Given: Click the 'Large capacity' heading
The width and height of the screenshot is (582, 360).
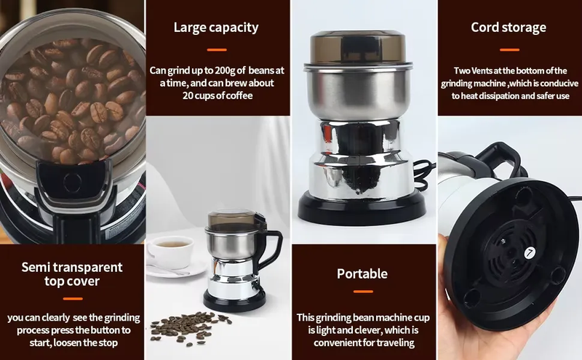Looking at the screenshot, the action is click(x=216, y=28).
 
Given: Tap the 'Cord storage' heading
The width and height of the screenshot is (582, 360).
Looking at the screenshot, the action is click(x=509, y=27).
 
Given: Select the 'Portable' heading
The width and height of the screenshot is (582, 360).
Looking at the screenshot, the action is click(x=362, y=273).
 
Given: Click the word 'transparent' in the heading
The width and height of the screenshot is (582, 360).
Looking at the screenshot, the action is click(x=88, y=267).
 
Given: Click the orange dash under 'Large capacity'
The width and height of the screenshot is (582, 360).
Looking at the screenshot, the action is click(x=217, y=49).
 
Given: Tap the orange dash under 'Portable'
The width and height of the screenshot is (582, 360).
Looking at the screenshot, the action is click(x=363, y=292).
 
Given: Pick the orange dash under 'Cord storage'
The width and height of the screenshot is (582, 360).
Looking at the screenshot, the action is click(x=509, y=49).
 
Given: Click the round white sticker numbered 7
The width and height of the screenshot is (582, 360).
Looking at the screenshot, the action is click(x=530, y=253).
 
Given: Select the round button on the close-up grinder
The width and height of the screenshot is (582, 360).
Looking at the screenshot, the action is click(x=72, y=183).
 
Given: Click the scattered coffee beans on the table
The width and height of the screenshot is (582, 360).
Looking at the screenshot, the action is click(x=189, y=327).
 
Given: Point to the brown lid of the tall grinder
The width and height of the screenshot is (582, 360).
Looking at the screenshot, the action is click(x=358, y=47).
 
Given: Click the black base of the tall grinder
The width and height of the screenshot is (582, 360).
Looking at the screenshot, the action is click(x=362, y=207).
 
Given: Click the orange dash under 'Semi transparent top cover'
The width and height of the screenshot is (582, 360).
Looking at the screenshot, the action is click(x=73, y=298).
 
